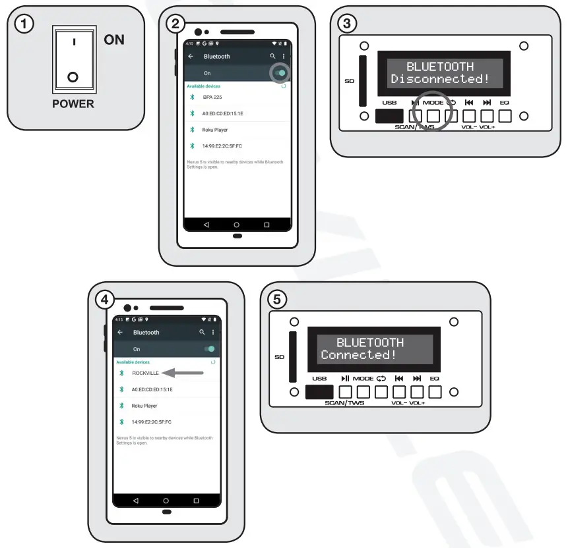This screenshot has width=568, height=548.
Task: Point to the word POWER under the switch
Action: [73, 104]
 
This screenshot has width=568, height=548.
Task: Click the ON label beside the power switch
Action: [114, 40]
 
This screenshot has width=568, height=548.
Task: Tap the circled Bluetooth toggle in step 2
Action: [282, 73]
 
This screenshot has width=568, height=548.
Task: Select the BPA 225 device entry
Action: [213, 97]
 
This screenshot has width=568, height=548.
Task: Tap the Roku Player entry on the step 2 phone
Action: [216, 130]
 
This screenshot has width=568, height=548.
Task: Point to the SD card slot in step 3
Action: [362, 81]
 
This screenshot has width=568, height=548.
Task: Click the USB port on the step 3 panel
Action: [389, 116]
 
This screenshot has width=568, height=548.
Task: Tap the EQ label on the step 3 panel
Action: [505, 103]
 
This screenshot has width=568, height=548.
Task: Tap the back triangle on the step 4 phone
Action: [136, 501]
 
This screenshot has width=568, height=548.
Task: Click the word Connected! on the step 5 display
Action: [358, 355]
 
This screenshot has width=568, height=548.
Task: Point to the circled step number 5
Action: [277, 299]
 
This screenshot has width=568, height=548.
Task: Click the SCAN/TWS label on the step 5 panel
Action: [344, 402]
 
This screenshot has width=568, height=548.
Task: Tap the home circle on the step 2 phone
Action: [237, 225]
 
